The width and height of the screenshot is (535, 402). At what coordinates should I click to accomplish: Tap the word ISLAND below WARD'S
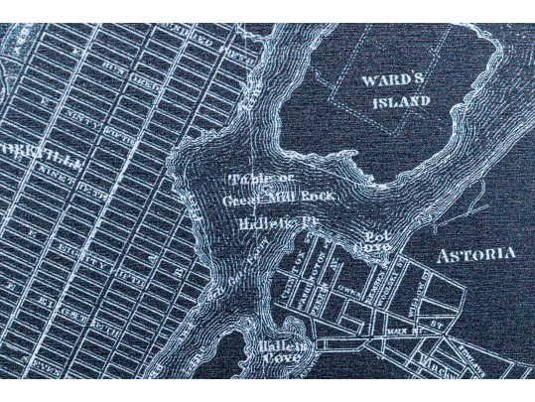[x=402, y=101]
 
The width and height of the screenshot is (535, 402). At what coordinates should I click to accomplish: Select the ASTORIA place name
[x=475, y=255]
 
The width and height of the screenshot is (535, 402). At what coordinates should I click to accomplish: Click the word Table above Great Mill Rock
[x=248, y=180]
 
